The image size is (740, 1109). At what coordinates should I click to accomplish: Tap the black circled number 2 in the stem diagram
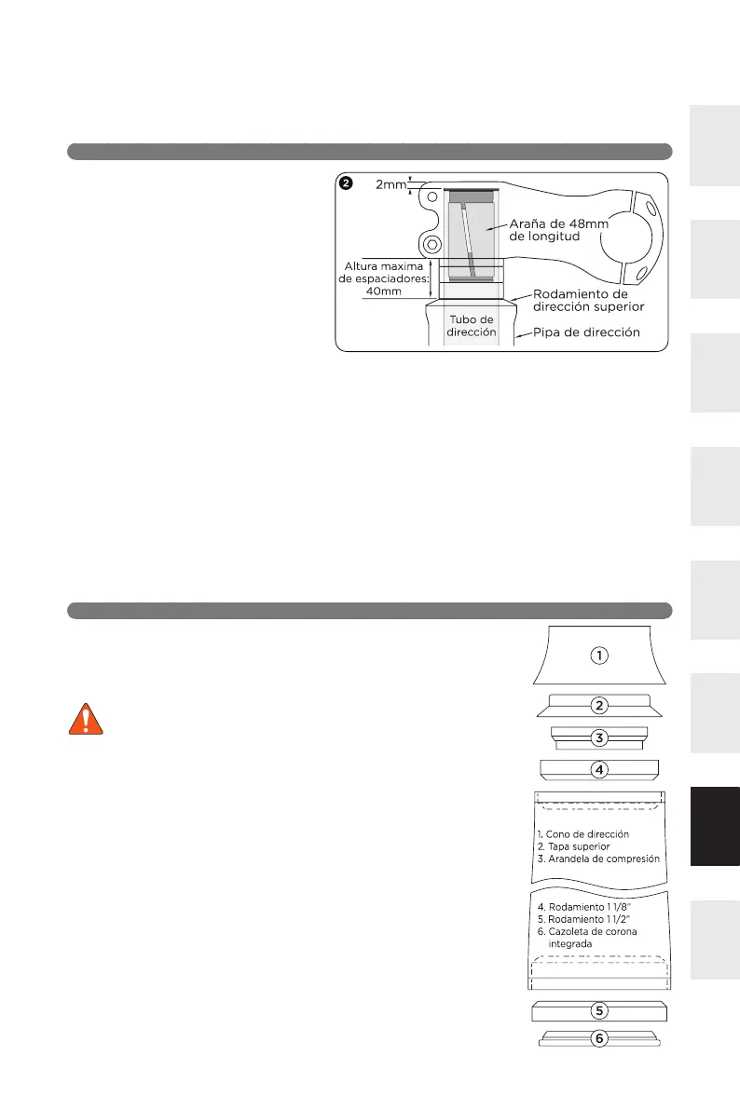[x=347, y=183]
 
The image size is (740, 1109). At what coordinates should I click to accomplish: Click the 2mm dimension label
[x=391, y=184]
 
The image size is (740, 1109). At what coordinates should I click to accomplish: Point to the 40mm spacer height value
[x=383, y=290]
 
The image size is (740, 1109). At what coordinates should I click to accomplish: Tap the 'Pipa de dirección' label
[x=585, y=332]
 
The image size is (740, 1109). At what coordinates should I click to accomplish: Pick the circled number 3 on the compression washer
[x=600, y=738]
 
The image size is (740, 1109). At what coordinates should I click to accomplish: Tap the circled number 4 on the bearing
[x=600, y=770]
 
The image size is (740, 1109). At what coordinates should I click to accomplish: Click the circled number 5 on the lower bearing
[x=600, y=1009]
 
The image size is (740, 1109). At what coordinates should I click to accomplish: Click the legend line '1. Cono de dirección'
[x=583, y=834]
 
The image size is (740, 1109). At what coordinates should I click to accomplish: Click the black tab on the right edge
[x=715, y=827]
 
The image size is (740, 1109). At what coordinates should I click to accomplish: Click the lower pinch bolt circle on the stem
[x=432, y=245]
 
